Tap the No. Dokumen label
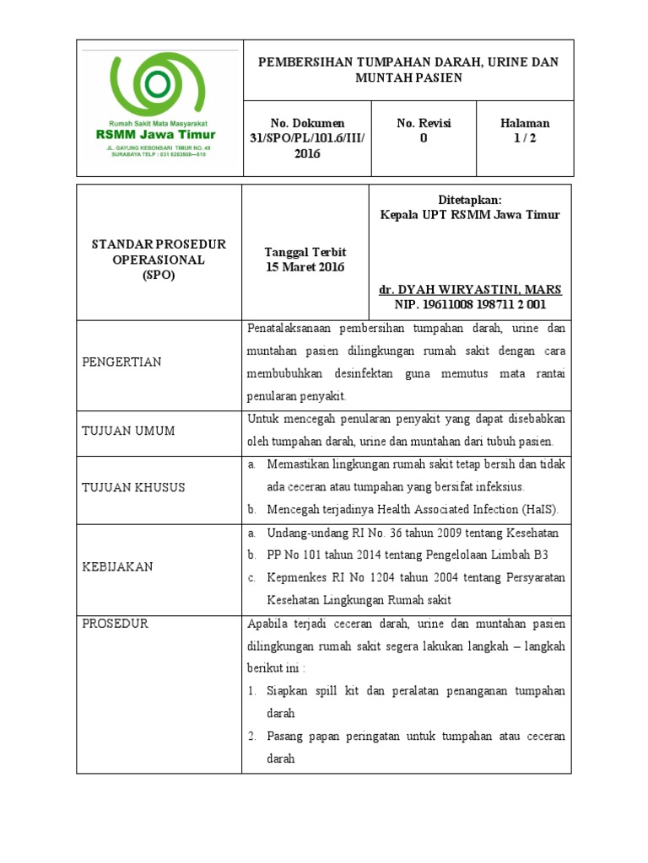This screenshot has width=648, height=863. pyautogui.click(x=307, y=123)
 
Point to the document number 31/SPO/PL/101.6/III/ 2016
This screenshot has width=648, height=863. pyautogui.click(x=307, y=146)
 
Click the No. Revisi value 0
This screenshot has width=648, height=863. pyautogui.click(x=424, y=139)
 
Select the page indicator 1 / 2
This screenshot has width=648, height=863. pyautogui.click(x=525, y=139)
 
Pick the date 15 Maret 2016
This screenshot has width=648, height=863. pyautogui.click(x=305, y=267)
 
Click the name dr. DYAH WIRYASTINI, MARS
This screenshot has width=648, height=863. pyautogui.click(x=470, y=289)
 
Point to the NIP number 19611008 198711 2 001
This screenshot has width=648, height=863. pyautogui.click(x=470, y=304)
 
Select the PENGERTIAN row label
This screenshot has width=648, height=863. pyautogui.click(x=121, y=362)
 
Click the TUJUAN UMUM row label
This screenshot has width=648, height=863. pyautogui.click(x=128, y=431)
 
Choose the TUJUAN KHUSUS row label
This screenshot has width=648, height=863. pyautogui.click(x=133, y=487)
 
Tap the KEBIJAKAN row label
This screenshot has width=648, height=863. pyautogui.click(x=117, y=566)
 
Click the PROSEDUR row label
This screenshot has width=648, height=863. pyautogui.click(x=115, y=624)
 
